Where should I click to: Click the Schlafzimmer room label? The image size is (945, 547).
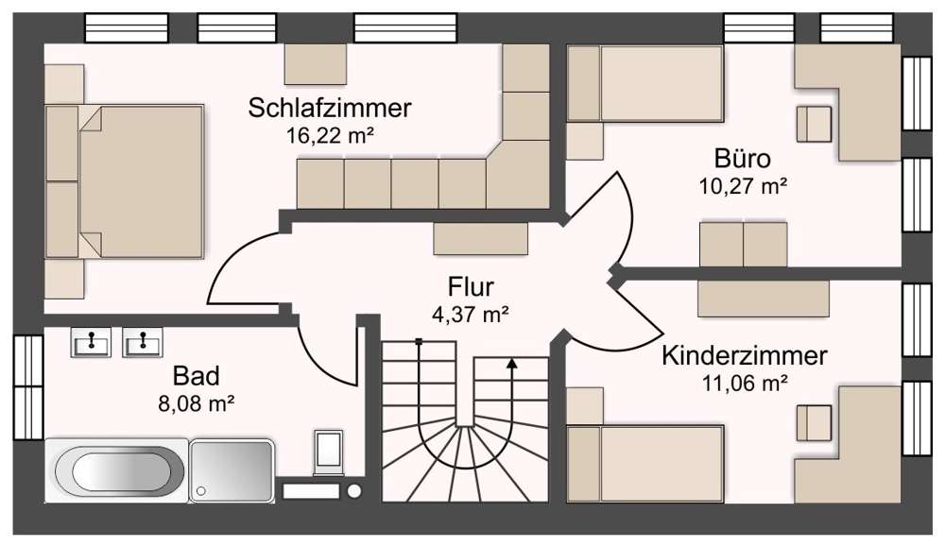pos(330,108)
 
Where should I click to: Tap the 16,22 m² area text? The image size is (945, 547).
pos(330,134)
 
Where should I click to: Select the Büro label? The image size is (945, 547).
pos(743,158)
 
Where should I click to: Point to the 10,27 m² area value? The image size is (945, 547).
pos(743,184)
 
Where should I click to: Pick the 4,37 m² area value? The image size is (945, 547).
pos(471,313)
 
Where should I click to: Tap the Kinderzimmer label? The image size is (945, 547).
pos(745,356)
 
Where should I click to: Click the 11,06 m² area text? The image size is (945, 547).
pos(745,383)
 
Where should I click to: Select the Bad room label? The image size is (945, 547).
pos(198,378)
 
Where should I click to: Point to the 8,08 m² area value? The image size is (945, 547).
pos(198,404)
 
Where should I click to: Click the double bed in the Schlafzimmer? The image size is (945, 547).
pos(142,180)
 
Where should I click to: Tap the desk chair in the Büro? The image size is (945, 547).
pos(815,124)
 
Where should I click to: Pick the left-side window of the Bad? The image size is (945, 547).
pos(28,385)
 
